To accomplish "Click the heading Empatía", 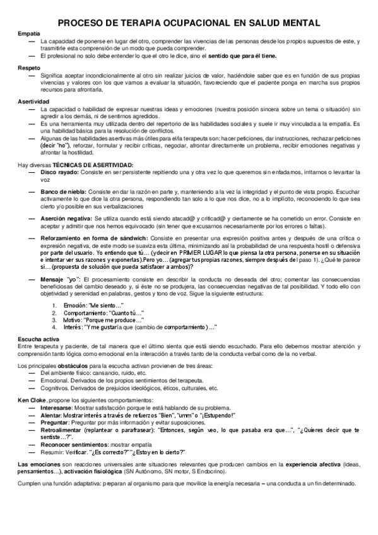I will pos(29,32).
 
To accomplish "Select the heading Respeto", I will pos(29,67).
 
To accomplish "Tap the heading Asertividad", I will pos(33,102).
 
